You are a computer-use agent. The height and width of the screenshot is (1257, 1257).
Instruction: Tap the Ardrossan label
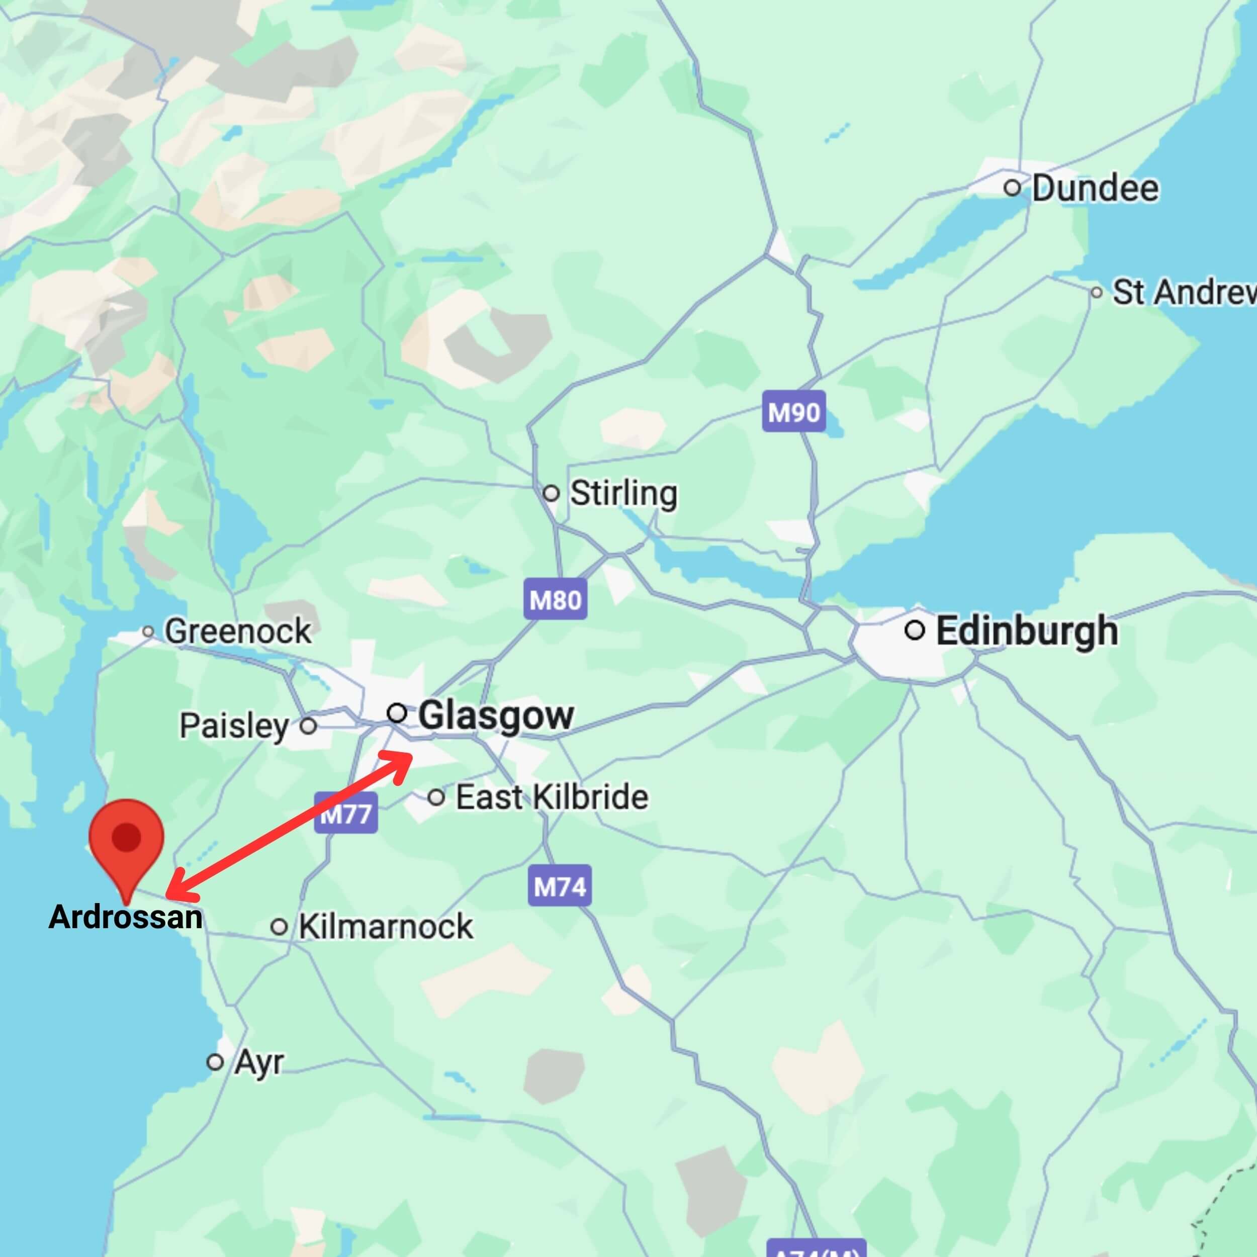pos(126,918)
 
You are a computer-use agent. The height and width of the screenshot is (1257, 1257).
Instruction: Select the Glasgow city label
pos(496,715)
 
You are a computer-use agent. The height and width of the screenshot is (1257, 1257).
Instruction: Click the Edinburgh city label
pos(1027,631)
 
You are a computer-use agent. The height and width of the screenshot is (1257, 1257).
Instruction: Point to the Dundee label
pos(1095,188)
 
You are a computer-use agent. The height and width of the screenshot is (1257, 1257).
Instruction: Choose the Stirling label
pos(623,493)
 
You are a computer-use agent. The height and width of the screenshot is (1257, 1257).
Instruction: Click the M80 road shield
pos(555,599)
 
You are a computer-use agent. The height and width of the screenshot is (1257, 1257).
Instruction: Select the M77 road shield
pos(345,813)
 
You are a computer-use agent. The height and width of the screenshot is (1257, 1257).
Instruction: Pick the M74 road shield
pos(560,885)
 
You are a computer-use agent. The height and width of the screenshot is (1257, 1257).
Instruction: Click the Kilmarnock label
pos(385,927)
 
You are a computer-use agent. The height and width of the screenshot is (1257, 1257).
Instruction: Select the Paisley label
pos(234,726)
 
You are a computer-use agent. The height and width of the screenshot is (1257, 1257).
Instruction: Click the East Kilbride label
pos(552,797)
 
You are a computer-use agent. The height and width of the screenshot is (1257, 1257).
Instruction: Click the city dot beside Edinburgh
pos(915,630)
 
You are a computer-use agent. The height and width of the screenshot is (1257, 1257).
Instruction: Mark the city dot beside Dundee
pos(1012,188)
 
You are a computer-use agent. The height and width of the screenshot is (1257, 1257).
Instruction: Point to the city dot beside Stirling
pos(551,493)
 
